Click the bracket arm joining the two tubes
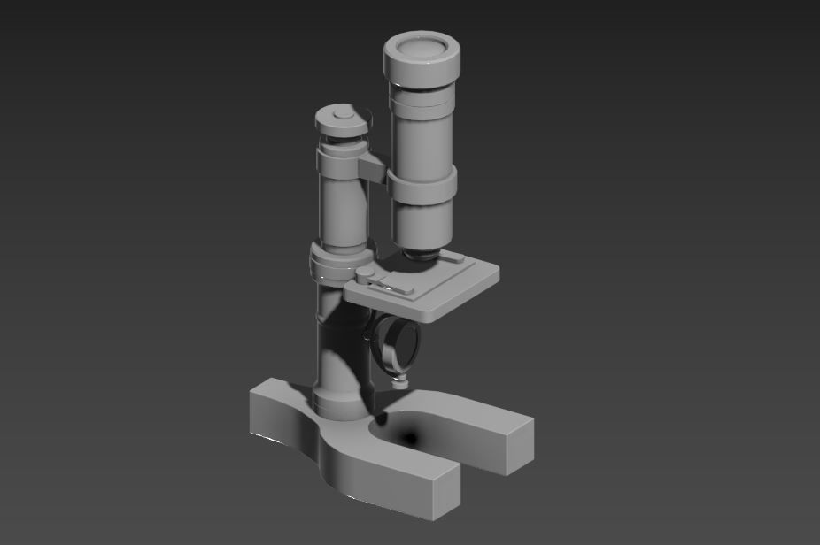point(373,167)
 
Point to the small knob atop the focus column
point(339,114)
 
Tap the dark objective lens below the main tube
point(421,255)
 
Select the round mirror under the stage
point(392,343)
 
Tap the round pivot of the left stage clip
point(364,274)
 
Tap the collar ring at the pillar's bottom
point(337,403)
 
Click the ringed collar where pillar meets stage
point(334,264)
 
